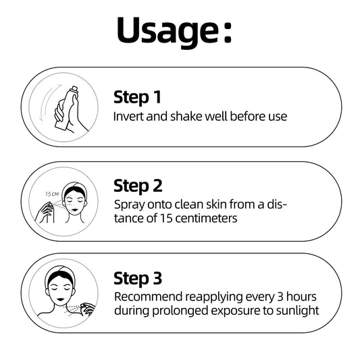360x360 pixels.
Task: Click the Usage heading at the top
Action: [174, 32]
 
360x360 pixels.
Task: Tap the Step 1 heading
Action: [137, 97]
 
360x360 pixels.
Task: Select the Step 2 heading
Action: [138, 186]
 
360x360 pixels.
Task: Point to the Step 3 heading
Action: [138, 278]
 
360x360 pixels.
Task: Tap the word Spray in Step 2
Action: [130, 205]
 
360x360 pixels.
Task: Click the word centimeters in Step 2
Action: [206, 218]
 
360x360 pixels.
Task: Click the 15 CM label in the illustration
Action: [52, 195]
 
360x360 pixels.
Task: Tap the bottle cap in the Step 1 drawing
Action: [74, 89]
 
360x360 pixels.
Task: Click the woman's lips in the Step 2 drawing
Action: [75, 210]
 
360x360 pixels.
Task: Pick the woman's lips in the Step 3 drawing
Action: [60, 299]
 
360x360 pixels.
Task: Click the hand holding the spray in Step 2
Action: [45, 213]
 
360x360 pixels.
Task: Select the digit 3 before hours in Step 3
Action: [280, 297]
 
